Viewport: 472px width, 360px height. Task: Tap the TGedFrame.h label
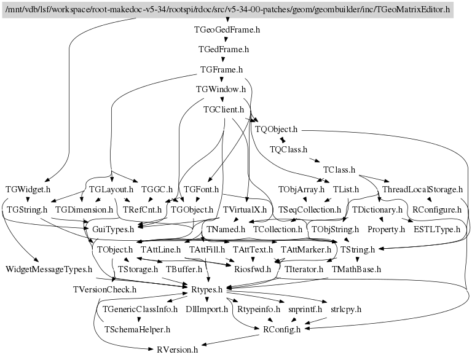(224, 49)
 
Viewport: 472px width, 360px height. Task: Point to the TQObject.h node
(275, 129)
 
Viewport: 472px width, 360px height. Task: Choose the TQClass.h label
(288, 149)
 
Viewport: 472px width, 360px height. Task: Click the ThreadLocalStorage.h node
(422, 189)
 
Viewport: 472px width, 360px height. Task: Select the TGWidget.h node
(28, 189)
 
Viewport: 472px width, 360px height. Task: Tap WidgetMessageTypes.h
(49, 269)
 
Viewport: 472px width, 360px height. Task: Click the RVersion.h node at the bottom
(178, 350)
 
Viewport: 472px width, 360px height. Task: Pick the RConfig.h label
(282, 329)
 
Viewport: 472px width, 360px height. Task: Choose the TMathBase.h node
(356, 269)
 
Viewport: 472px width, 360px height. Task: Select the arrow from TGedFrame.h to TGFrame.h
(223, 59)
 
